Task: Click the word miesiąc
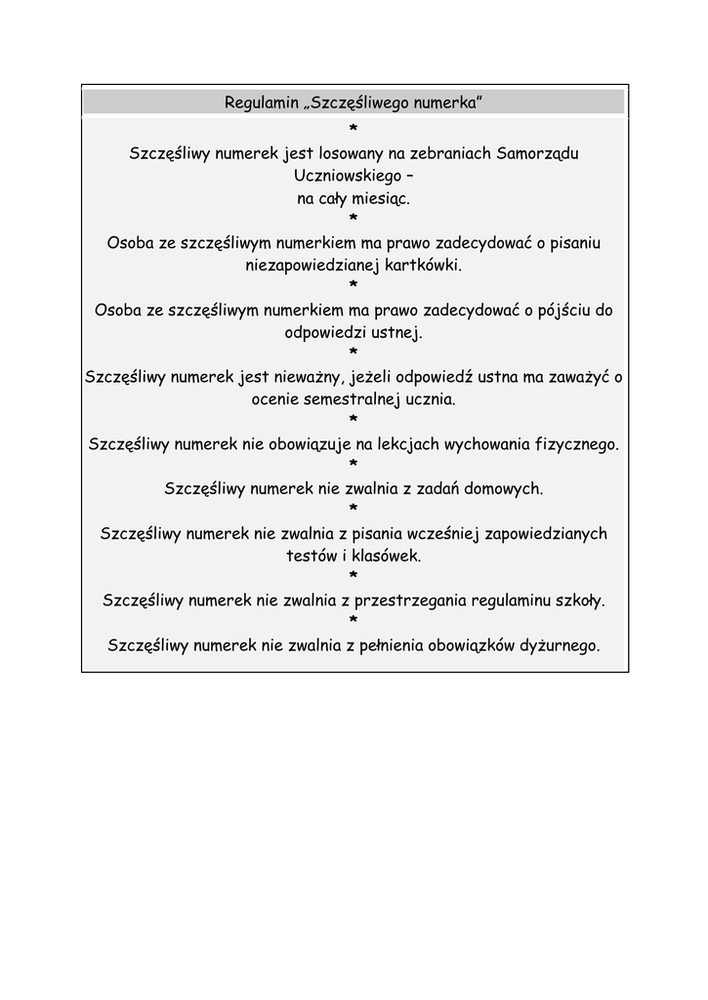click(380, 198)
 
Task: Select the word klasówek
click(387, 556)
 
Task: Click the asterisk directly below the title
click(354, 130)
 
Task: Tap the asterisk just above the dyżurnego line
click(354, 621)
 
